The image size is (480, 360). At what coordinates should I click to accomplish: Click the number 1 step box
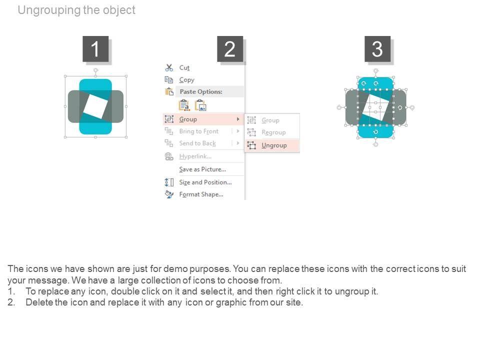pyautogui.click(x=95, y=49)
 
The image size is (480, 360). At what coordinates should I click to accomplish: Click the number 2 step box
pyautogui.click(x=230, y=49)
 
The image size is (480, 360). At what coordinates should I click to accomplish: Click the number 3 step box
pyautogui.click(x=377, y=49)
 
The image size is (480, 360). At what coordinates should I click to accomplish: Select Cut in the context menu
pyautogui.click(x=184, y=67)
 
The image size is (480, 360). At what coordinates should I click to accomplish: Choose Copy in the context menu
pyautogui.click(x=186, y=80)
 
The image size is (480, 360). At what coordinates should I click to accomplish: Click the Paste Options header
pyautogui.click(x=201, y=91)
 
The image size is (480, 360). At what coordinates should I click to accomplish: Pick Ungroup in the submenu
pyautogui.click(x=274, y=145)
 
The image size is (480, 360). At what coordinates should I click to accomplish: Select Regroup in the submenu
pyautogui.click(x=273, y=132)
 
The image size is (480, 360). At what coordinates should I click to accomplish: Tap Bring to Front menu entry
pyautogui.click(x=198, y=131)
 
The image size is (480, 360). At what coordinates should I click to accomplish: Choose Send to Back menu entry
pyautogui.click(x=197, y=143)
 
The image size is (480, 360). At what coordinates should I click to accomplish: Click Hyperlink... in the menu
pyautogui.click(x=195, y=156)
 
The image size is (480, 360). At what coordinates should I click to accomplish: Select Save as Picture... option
pyautogui.click(x=202, y=169)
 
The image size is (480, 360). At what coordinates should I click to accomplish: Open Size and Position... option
pyautogui.click(x=205, y=182)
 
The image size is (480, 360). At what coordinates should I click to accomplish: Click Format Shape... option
pyautogui.click(x=201, y=194)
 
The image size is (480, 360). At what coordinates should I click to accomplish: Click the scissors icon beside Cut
pyautogui.click(x=169, y=67)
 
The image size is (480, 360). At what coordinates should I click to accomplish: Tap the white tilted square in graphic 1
pyautogui.click(x=95, y=106)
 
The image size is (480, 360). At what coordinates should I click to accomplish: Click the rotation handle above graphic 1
pyautogui.click(x=96, y=70)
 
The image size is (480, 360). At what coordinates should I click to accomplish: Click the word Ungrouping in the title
pyautogui.click(x=49, y=10)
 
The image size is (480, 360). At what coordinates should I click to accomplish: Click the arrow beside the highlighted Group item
pyautogui.click(x=238, y=119)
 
